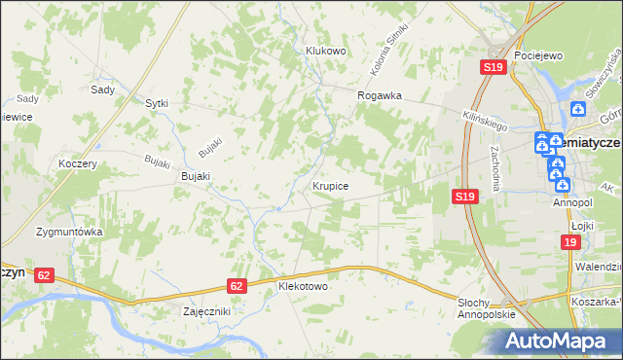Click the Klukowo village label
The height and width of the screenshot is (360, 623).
[325, 51]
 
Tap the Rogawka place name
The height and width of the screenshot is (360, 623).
[380, 95]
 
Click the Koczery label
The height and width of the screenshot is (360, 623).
[78, 164]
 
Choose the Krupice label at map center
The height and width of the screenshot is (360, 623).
[331, 184]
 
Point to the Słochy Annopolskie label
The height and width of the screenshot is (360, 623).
[486, 310]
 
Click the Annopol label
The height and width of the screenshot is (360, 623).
[572, 203]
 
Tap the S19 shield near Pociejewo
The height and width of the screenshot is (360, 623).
[493, 67]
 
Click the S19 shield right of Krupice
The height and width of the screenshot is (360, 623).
[465, 197]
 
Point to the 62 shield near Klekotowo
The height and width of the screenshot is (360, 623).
[238, 286]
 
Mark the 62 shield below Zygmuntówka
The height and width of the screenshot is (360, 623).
[43, 275]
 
